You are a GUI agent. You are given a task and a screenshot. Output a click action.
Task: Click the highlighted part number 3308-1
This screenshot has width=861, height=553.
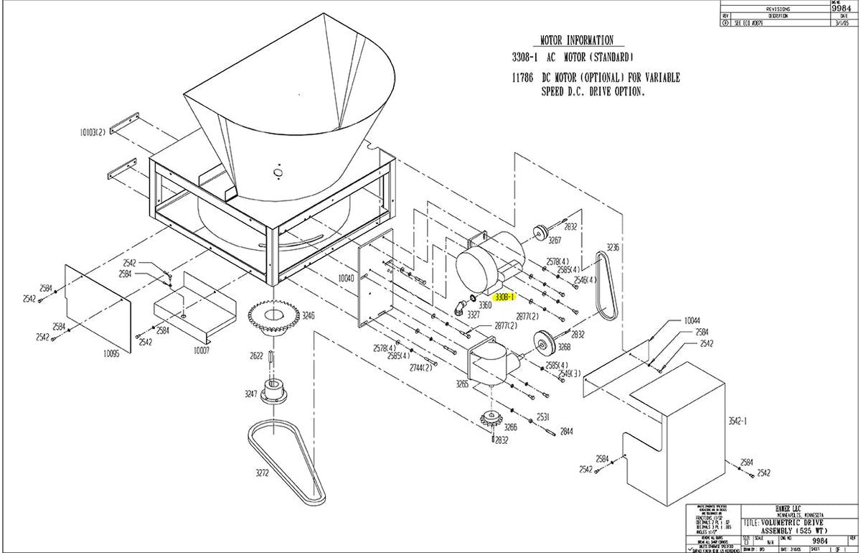tap(505, 296)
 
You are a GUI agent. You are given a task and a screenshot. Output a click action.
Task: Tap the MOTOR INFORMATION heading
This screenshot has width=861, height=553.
tap(577, 40)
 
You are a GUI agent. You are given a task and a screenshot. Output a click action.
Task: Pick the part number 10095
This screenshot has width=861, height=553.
tap(112, 353)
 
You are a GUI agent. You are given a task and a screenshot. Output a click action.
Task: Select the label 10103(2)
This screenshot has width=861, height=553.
tap(93, 132)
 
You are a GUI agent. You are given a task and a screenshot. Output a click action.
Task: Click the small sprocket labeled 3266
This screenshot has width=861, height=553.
tap(491, 419)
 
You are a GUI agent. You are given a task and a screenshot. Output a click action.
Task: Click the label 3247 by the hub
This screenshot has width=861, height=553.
tap(251, 394)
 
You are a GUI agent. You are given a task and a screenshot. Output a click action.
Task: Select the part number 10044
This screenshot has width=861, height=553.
tap(692, 320)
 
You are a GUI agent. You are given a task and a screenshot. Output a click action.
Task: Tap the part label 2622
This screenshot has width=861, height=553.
tap(257, 355)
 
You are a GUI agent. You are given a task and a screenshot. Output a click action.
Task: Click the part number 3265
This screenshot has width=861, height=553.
tap(461, 384)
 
